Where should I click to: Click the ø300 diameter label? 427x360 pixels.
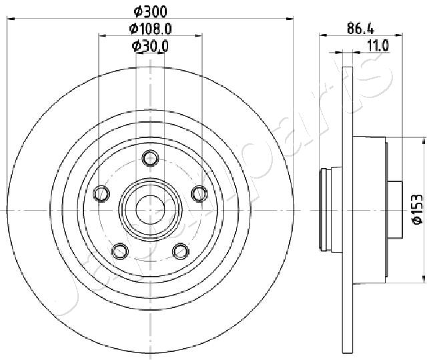[150, 12]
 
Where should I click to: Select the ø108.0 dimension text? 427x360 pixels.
[150, 29]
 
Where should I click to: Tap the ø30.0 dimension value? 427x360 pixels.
[150, 46]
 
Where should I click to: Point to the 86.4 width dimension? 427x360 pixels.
[361, 29]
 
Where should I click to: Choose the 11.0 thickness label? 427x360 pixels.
[378, 45]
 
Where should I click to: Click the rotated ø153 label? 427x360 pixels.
[417, 209]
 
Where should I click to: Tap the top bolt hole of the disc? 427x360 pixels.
[150, 158]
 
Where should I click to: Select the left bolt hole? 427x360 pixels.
[101, 194]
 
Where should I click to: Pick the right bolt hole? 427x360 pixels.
[199, 193]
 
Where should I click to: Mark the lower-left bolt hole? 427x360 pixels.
[120, 251]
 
